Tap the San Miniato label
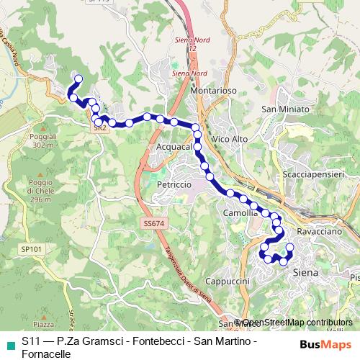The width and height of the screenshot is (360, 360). coord(285,109)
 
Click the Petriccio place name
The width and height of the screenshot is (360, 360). coord(174,185)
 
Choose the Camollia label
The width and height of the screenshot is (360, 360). coord(240,214)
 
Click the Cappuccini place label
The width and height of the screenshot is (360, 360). coord(227,280)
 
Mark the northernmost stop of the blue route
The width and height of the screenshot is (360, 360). coord(78,79)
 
